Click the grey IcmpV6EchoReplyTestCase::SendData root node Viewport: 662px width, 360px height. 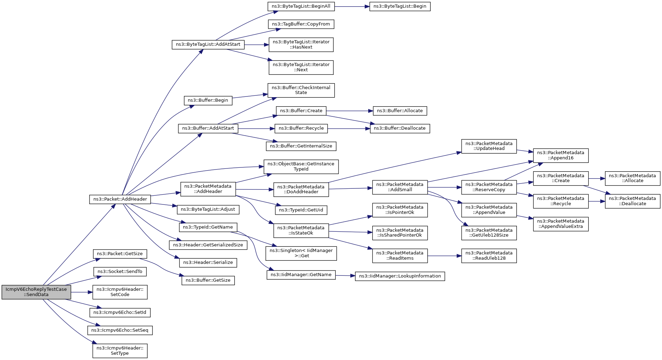click(36, 292)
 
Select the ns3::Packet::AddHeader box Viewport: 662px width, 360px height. click(120, 199)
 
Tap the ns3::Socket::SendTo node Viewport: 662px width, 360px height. click(120, 272)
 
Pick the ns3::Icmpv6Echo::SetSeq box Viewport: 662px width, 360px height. click(120, 330)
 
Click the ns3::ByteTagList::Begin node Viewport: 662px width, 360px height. click(400, 6)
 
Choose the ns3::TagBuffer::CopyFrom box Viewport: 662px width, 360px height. click(301, 24)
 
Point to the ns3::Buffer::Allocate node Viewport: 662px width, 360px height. click(400, 111)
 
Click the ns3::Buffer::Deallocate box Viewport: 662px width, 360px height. click(400, 128)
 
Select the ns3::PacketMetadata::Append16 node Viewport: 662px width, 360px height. click(561, 156)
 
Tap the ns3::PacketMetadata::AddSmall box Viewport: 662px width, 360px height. click(400, 187)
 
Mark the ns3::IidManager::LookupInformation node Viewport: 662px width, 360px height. click(400, 276)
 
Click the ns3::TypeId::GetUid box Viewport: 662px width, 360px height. click(301, 210)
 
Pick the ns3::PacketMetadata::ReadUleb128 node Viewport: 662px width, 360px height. click(489, 256)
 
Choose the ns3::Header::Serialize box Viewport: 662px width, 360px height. click(208, 262)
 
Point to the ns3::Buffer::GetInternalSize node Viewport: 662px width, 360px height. click(301, 146)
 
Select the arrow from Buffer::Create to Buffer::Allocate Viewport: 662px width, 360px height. click(349, 111)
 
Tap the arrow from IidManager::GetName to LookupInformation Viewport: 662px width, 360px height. click(346, 276)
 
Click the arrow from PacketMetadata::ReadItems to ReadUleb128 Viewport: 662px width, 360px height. click(444, 256)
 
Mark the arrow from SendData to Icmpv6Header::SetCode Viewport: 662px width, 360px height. click(82, 292)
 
